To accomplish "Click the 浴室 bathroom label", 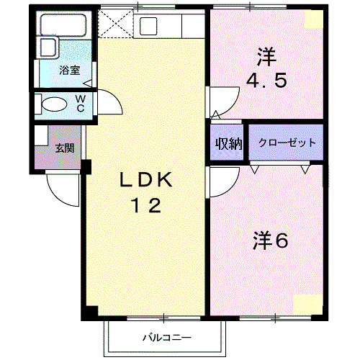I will pos(69,71).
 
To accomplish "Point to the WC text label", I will pos(81,103).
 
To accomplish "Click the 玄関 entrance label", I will pos(65,149).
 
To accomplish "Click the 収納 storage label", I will pos(228,143).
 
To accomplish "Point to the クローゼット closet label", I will pos(286,143).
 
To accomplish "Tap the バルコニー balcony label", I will pos(166,336).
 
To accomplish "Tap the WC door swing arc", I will pos(104,101).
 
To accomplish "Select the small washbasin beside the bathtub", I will pos(48,48).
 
